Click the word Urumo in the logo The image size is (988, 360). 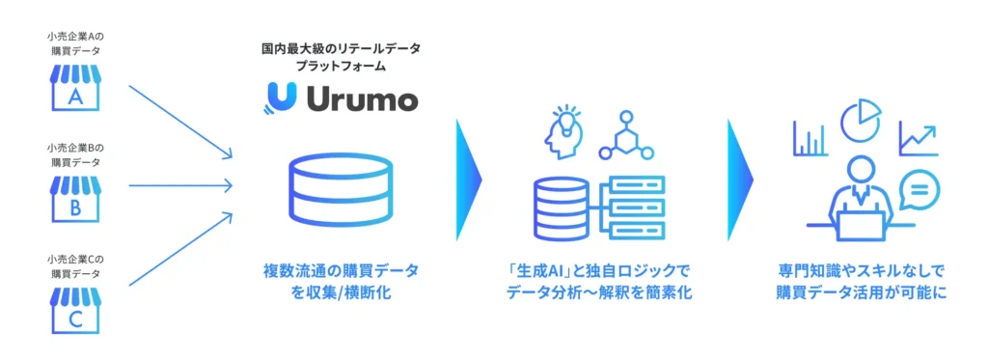362,98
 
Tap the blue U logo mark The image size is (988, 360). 280,98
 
